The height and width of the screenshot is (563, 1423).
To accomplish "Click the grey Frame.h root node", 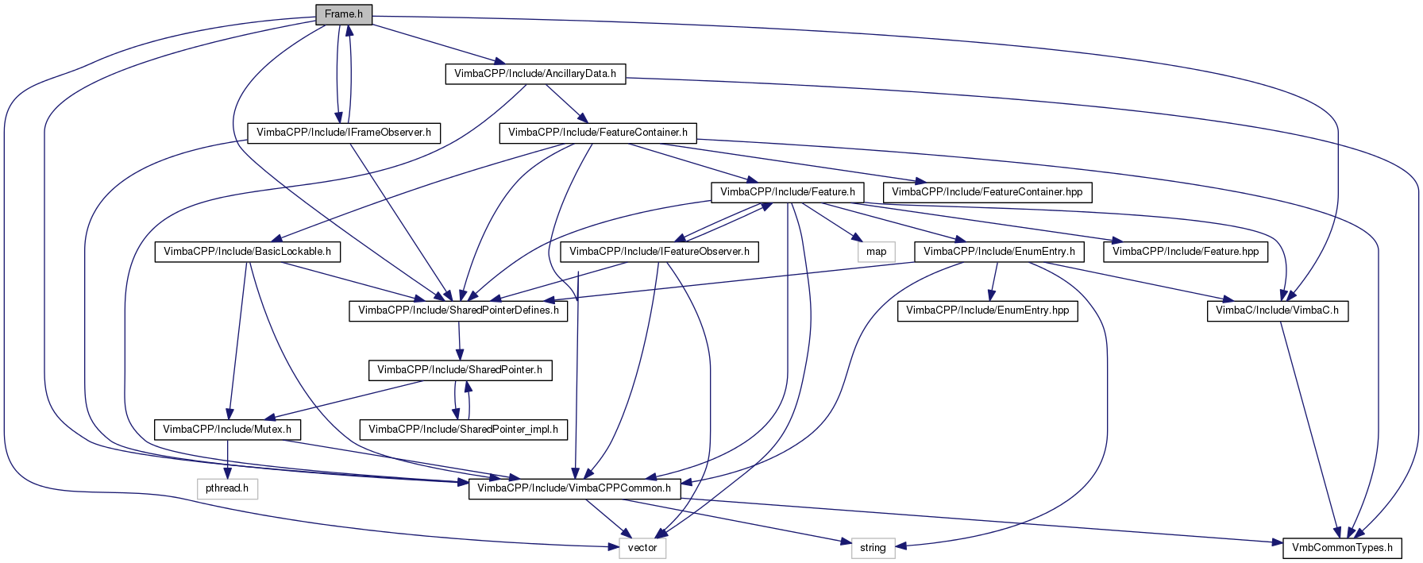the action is click(x=343, y=14).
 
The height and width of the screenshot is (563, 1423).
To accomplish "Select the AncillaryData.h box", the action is click(x=535, y=73).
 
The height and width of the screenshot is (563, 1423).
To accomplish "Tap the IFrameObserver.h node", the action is click(x=344, y=133).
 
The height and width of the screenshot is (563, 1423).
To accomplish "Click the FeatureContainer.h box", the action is click(x=598, y=133).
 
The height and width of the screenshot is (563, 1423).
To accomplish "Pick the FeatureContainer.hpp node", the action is click(x=987, y=192).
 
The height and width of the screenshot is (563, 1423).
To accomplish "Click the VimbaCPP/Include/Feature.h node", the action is click(x=787, y=192).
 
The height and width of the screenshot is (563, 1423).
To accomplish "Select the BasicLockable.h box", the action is click(x=248, y=252).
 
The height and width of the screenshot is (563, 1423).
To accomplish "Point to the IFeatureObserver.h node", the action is click(x=659, y=252).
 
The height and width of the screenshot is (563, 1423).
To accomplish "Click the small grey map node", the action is click(x=877, y=252).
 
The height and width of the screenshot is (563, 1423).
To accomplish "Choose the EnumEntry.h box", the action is click(x=999, y=252).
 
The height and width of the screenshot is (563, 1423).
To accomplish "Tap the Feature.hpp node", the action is click(x=1186, y=252).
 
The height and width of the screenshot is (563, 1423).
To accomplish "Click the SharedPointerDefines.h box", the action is click(x=458, y=310).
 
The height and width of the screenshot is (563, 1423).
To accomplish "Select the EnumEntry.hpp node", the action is click(x=987, y=310).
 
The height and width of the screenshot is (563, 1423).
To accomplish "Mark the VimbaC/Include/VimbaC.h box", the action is click(x=1277, y=310).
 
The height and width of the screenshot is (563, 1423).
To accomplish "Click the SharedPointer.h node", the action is click(x=460, y=370).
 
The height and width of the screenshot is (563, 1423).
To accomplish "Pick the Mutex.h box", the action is click(x=227, y=430).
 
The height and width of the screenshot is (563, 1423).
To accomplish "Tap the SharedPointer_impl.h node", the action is click(x=463, y=430).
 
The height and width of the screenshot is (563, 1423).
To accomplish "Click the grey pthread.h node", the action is click(x=227, y=488).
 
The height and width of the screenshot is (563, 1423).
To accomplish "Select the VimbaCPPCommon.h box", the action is click(x=574, y=488).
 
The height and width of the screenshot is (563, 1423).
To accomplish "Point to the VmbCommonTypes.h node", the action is click(x=1342, y=548).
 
